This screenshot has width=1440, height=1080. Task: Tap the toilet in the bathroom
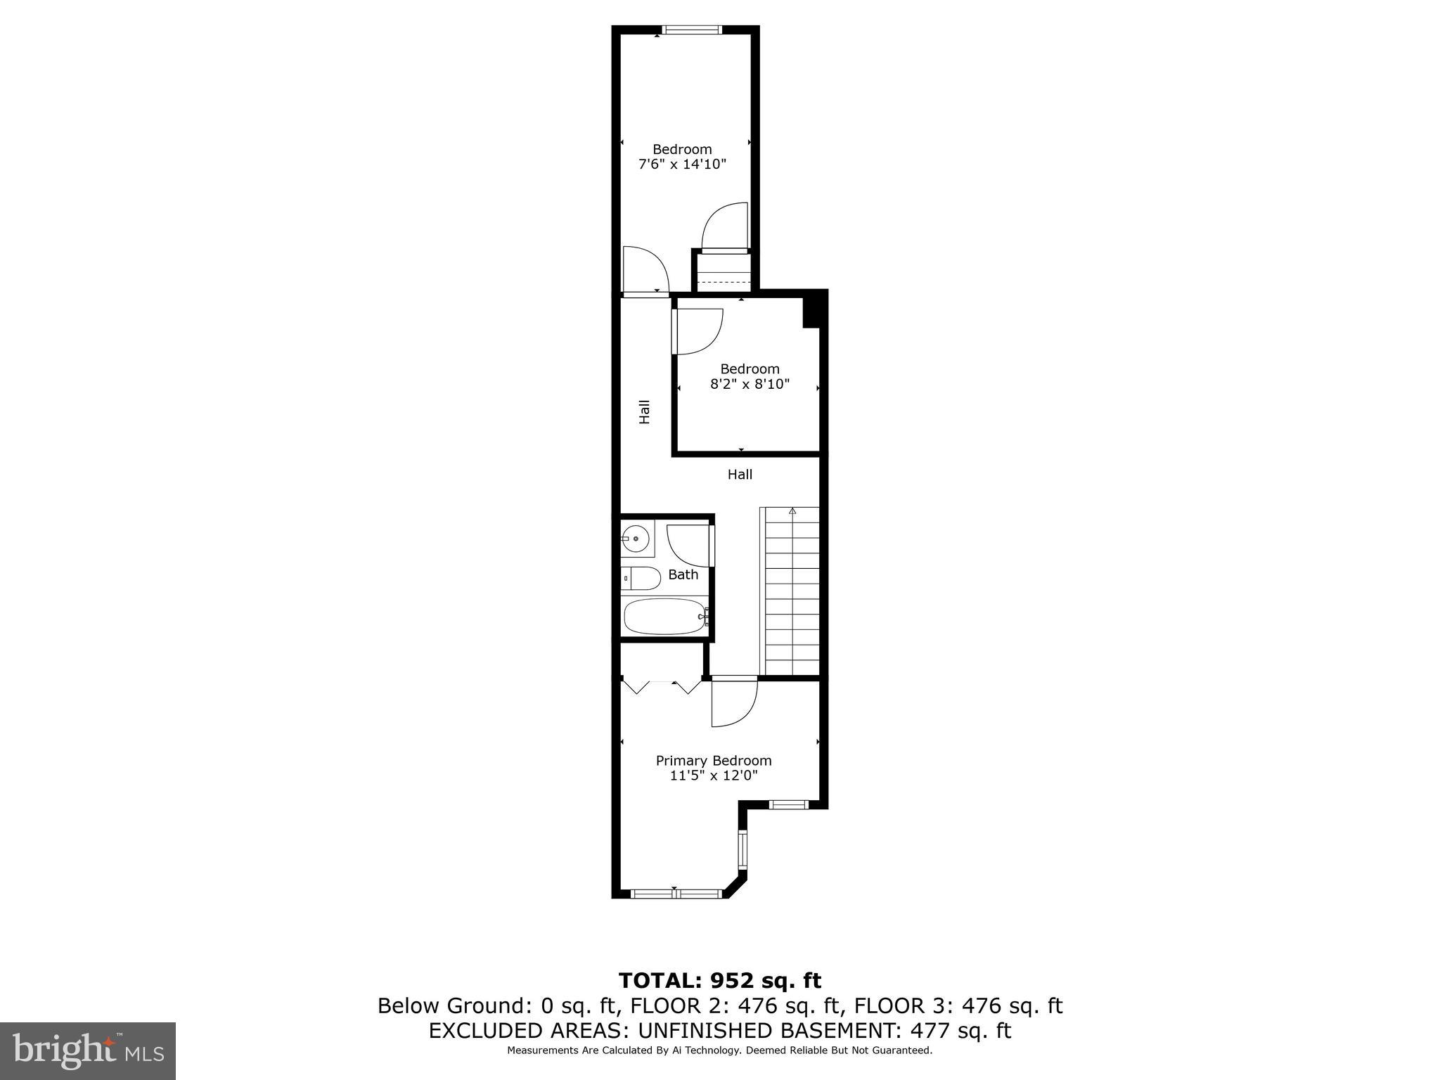pyautogui.click(x=642, y=579)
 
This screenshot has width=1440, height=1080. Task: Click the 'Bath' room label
pyautogui.click(x=683, y=575)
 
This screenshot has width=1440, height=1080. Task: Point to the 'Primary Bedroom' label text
pyautogui.click(x=713, y=761)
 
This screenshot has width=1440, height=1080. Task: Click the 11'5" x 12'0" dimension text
pyautogui.click(x=713, y=776)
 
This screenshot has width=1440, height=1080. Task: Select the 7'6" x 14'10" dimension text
pyautogui.click(x=681, y=165)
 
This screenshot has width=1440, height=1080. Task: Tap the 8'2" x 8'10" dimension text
pyautogui.click(x=750, y=385)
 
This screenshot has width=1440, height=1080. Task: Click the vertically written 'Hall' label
pyautogui.click(x=644, y=412)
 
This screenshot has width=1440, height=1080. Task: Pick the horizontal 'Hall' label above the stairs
pyautogui.click(x=740, y=475)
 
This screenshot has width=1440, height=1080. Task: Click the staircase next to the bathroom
pyautogui.click(x=792, y=591)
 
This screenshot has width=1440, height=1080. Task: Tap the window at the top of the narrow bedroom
pyautogui.click(x=693, y=30)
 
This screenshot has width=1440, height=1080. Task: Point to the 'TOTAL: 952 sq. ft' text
pyautogui.click(x=719, y=980)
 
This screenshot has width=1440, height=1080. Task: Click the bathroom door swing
pyautogui.click(x=689, y=545)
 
